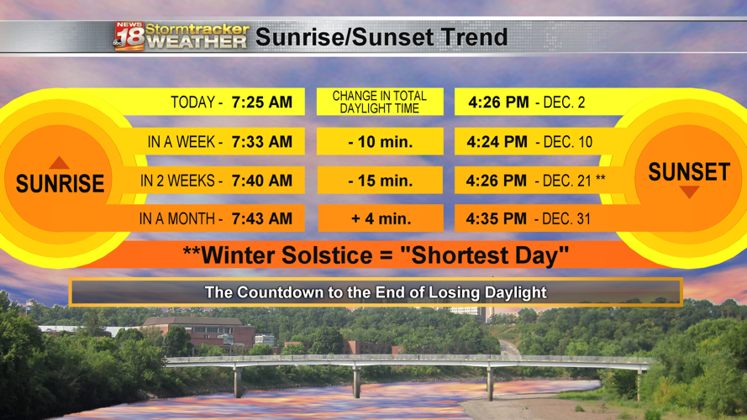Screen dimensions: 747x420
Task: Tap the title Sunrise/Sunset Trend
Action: [381, 37]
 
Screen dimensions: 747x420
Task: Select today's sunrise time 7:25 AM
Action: [261, 102]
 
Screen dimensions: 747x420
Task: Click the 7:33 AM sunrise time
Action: [261, 141]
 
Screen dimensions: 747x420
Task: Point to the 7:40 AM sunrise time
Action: [261, 181]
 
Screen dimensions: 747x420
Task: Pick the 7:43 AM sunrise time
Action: [261, 218]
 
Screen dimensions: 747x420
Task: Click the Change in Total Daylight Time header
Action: [380, 102]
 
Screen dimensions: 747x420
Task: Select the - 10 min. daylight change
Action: [380, 141]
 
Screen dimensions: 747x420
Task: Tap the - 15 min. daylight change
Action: [380, 181]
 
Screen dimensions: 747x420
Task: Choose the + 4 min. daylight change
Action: [381, 218]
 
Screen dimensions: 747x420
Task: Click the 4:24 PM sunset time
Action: [497, 141]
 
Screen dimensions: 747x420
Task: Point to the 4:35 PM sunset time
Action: [497, 218]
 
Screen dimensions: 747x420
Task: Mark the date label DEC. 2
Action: [564, 102]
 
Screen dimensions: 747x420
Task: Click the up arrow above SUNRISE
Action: [59, 162]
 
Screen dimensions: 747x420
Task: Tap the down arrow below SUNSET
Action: [689, 192]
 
